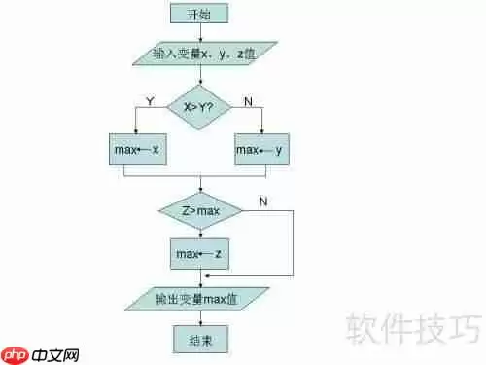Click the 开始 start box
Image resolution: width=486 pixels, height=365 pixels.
200,13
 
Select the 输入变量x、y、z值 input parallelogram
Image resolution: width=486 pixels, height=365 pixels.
201,52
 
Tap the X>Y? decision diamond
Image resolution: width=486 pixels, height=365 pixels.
200,107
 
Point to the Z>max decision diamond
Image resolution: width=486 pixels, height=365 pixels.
201,211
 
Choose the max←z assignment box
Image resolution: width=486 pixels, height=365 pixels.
201,253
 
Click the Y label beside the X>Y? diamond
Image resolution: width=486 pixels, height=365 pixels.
150,100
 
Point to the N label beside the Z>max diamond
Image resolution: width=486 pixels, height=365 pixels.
264,201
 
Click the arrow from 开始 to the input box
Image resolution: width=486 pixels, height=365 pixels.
200,32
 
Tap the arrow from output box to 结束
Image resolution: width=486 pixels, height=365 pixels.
200,318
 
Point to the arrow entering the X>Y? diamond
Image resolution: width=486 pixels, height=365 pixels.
200,77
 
